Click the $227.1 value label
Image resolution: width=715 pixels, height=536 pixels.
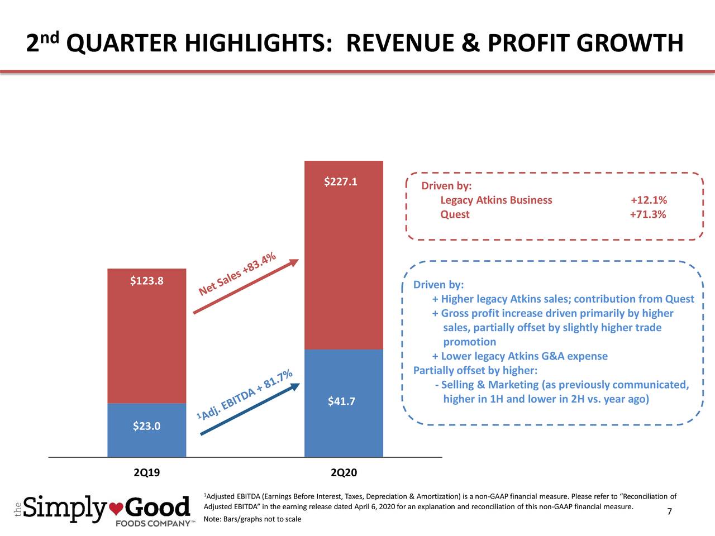341,182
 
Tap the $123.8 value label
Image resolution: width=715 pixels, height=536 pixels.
146,280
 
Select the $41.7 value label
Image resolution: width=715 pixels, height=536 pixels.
341,401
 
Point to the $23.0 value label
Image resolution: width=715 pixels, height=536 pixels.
147,427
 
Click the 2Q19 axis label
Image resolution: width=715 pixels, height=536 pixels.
147,473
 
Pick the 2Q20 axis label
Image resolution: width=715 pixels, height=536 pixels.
344,473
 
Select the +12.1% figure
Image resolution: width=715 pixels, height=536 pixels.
649,200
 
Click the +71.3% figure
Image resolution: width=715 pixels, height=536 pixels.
648,215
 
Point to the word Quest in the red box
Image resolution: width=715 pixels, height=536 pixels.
455,215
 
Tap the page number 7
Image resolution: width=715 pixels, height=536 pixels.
669,513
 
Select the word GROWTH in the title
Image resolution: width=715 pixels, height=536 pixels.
630,44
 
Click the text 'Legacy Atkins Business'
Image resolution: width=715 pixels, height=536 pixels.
496,200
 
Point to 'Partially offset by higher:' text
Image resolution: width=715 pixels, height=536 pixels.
475,371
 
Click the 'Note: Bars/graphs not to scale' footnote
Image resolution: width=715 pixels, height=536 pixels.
252,519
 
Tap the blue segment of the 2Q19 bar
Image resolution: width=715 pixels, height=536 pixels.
146,441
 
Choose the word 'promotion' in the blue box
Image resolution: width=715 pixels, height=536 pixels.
469,342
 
